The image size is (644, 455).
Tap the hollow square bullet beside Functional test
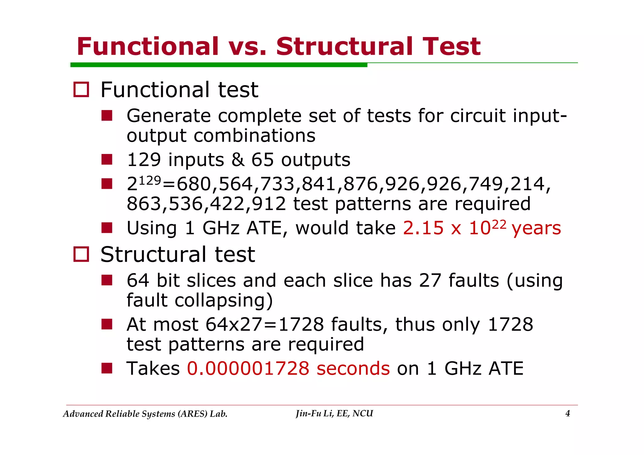tap(81, 90)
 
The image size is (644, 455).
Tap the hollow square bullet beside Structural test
tap(81, 254)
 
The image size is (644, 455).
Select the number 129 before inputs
tap(144, 160)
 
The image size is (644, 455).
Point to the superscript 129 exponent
tap(150, 180)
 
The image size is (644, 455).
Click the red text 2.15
tap(423, 228)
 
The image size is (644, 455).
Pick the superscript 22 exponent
tap(499, 224)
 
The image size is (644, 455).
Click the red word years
tap(536, 228)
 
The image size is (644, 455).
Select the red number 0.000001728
tap(248, 368)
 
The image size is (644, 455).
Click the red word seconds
tap(353, 368)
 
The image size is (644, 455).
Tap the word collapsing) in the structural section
tap(224, 300)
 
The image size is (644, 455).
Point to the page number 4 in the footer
tap(568, 414)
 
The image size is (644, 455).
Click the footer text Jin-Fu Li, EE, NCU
tap(334, 414)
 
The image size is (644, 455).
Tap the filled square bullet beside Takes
tap(107, 368)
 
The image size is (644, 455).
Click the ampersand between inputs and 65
tap(238, 160)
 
